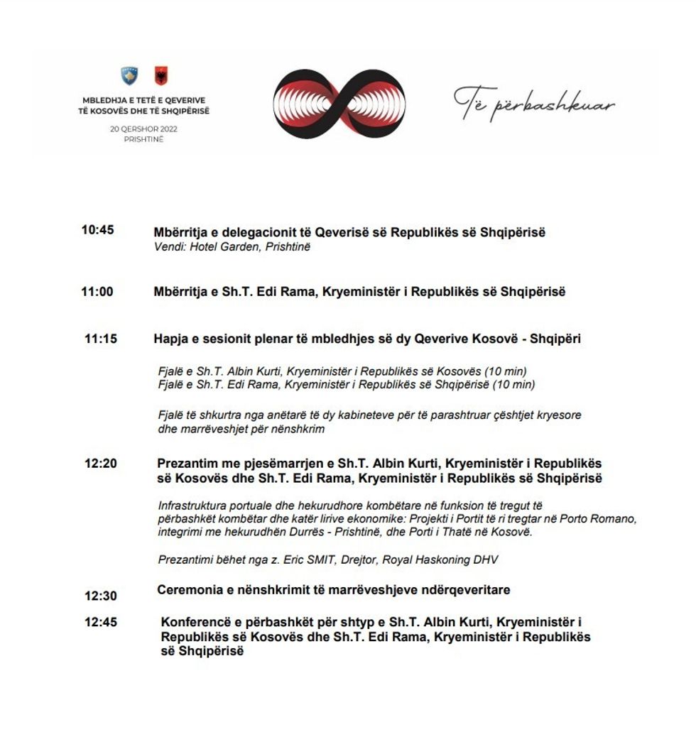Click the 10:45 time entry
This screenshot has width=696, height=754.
click(97, 230)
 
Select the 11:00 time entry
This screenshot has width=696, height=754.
click(97, 291)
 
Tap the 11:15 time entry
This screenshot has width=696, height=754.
click(100, 339)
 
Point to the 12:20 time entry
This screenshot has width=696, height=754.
click(100, 464)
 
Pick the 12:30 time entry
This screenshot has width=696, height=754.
click(100, 596)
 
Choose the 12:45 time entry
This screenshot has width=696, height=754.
click(100, 622)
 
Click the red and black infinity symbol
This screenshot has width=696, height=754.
click(339, 104)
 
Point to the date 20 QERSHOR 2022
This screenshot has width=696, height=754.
click(143, 129)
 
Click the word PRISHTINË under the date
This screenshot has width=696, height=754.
click(143, 139)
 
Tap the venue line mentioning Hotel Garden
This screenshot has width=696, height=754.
click(232, 247)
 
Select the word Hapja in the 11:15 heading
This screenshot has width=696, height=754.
click(171, 339)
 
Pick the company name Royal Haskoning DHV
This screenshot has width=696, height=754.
click(440, 559)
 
